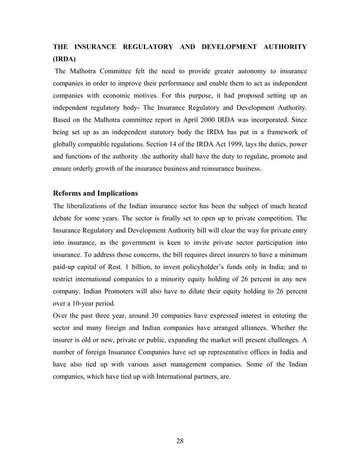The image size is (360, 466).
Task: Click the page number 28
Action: [179, 441]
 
